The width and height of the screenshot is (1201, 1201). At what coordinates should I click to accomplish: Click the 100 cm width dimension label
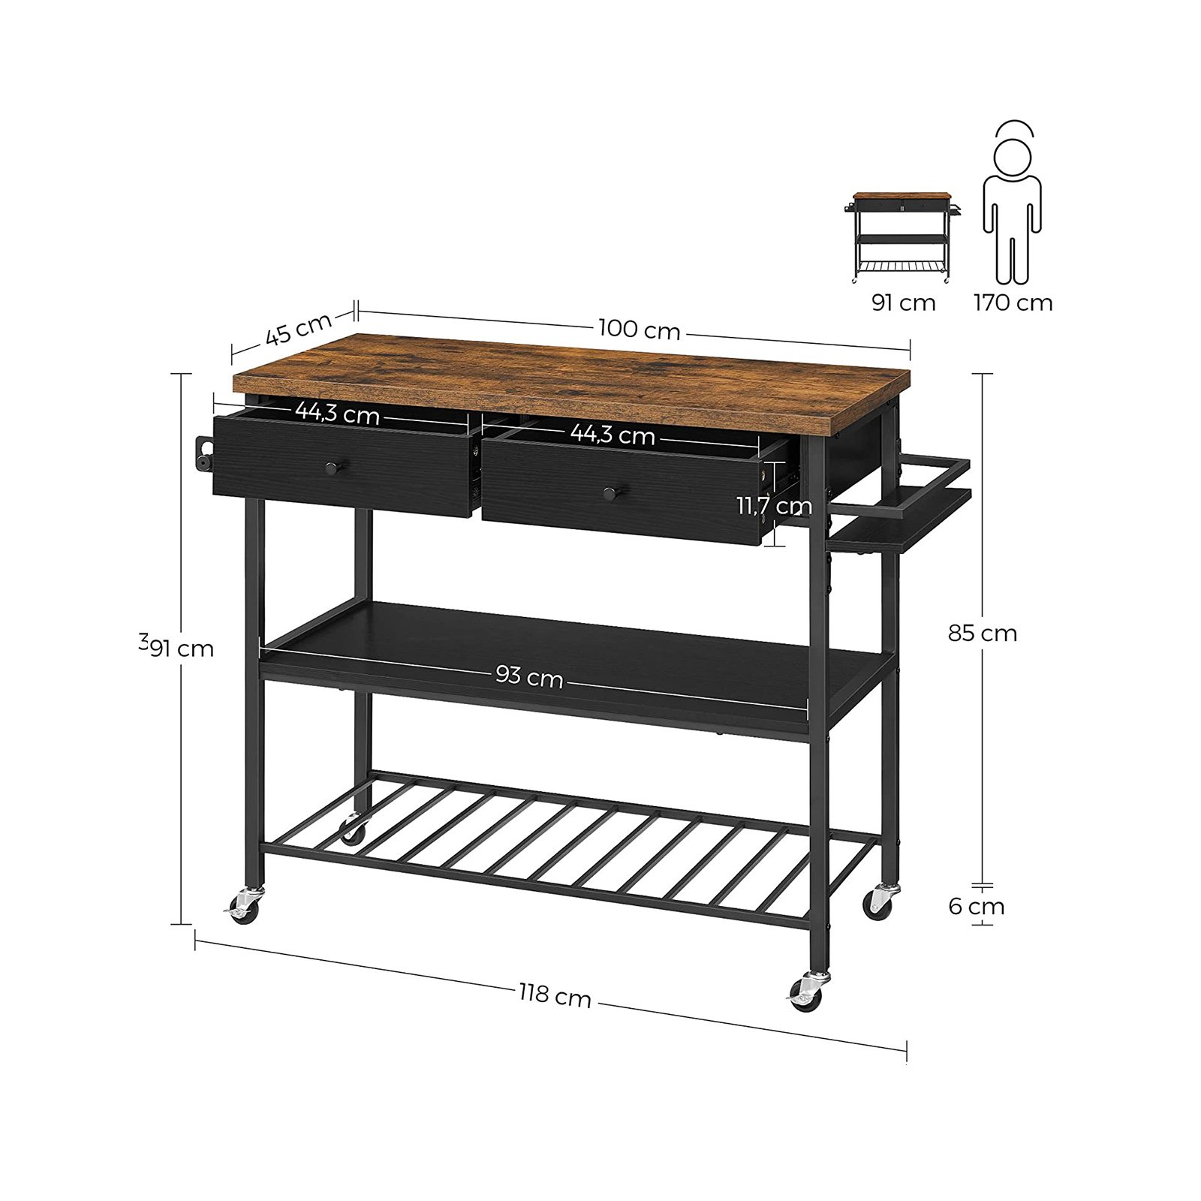pos(639,330)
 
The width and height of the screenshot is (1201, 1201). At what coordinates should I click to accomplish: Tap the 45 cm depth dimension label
pos(298,329)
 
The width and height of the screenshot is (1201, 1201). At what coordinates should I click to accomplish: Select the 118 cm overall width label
pos(555,996)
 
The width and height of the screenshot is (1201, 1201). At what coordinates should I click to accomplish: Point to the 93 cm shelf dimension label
pos(529,677)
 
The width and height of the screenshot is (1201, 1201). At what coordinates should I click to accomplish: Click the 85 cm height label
pos(982,634)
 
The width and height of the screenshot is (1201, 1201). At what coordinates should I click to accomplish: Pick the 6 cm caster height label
pos(976,906)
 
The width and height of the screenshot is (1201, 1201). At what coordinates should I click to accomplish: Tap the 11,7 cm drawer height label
pos(774,506)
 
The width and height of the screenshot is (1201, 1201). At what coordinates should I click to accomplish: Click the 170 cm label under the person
pos(1013,303)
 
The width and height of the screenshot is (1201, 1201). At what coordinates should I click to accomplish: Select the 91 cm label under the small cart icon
pos(903,303)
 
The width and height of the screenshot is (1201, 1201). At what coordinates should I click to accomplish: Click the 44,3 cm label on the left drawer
pos(337,412)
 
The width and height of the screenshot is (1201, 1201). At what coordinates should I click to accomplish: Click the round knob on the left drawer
pos(331,468)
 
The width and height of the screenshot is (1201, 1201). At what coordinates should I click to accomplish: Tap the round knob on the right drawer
pos(610,493)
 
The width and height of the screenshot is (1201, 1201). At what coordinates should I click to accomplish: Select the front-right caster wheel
pos(807,994)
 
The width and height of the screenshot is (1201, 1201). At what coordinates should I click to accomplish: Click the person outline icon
pos(1012,203)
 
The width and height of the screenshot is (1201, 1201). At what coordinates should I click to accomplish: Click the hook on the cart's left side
pos(203,454)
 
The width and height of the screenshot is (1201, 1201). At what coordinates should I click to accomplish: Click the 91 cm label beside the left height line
pos(181,648)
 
